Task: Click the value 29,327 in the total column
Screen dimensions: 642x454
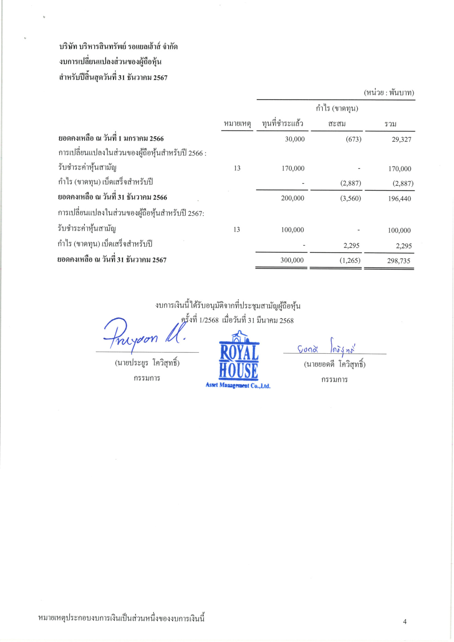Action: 401,139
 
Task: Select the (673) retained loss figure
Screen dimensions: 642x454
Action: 353,139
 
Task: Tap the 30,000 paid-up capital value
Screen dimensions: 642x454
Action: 294,139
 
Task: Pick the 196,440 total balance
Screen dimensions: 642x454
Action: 399,198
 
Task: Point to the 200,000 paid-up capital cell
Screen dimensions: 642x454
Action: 292,198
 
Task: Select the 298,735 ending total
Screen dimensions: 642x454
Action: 398,261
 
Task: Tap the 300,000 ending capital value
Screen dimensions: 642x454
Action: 292,260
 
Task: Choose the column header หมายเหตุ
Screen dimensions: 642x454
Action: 237,124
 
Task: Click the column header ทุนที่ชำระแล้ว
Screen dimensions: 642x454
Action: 282,123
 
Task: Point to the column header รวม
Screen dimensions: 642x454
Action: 390,124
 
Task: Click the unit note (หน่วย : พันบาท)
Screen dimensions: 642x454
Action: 389,93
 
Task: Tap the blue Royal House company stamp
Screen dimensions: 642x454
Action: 238,361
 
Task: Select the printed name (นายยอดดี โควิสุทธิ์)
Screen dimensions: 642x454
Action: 334,364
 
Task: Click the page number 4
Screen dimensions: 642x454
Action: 405,622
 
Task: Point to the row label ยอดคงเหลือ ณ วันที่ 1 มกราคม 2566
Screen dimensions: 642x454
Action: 111,139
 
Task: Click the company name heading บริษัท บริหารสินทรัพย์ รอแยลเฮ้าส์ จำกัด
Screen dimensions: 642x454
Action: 118,47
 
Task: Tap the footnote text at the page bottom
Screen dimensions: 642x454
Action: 121,618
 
